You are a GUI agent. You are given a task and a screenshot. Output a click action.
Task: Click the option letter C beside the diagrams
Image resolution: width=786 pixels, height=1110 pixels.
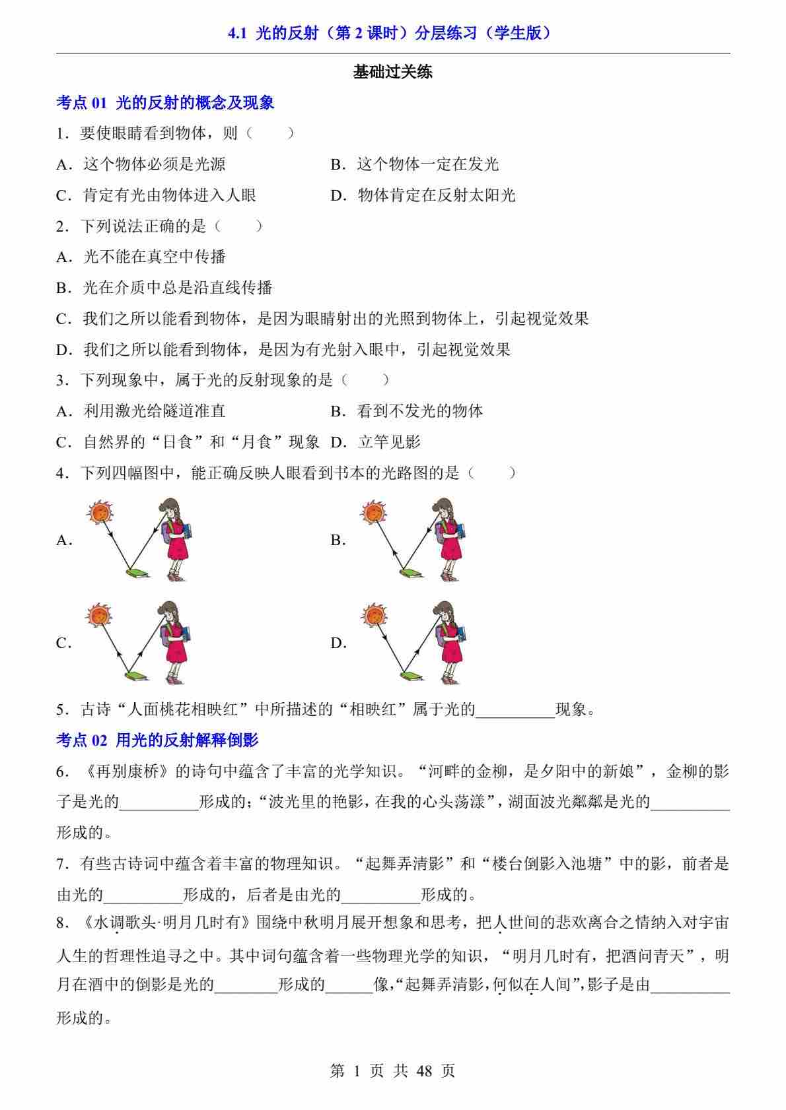point(63,643)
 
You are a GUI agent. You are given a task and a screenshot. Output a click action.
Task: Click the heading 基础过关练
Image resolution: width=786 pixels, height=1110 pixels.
point(392,72)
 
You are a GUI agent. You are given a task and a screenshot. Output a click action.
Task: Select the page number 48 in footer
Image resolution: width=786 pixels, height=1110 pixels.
point(424,1070)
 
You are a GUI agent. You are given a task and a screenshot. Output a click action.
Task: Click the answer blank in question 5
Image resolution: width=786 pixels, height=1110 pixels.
point(515,710)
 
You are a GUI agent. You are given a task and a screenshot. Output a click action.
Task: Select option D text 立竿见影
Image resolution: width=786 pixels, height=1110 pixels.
point(389,442)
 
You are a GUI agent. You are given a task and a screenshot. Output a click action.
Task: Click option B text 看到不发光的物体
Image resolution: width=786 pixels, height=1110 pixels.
point(420,411)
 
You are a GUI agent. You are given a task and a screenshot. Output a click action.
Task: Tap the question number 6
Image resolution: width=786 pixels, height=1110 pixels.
point(62,771)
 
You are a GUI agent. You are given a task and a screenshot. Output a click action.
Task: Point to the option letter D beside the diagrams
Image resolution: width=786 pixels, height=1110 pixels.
point(338,643)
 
